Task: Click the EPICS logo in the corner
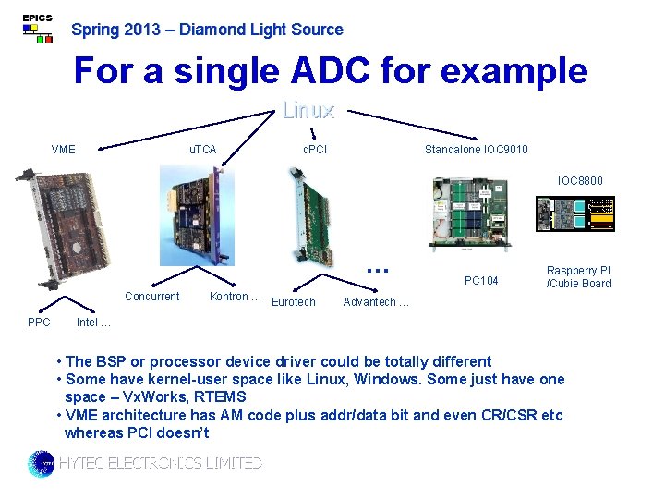click(x=37, y=29)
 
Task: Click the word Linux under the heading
click(x=308, y=111)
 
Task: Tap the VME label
click(x=64, y=150)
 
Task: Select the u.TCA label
click(x=202, y=150)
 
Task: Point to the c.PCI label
click(x=315, y=150)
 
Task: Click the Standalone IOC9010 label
click(x=476, y=150)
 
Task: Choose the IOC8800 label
click(x=580, y=181)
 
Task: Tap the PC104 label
click(x=481, y=281)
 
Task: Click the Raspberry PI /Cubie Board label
click(x=578, y=277)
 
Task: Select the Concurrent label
click(x=151, y=297)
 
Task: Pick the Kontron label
click(x=235, y=297)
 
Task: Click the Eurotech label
click(x=294, y=302)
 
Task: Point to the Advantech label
click(x=375, y=302)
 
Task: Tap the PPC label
click(x=39, y=323)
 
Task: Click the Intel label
click(x=93, y=323)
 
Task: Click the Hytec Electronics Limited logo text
click(x=160, y=463)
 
